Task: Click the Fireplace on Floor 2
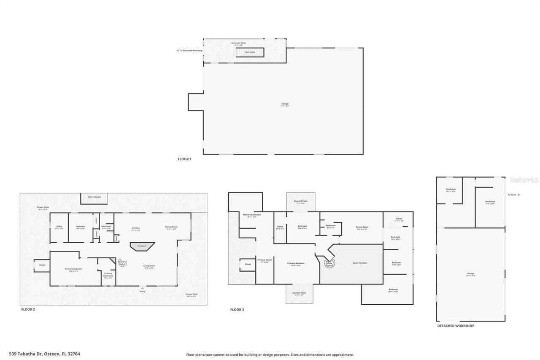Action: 142,246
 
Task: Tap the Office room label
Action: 59,227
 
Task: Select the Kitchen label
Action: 136,228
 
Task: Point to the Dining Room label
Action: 171,227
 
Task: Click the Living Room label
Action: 149,267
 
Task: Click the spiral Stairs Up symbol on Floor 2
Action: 122,263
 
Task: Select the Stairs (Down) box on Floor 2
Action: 94,199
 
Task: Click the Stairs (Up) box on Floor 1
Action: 250,52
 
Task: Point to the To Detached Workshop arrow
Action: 178,51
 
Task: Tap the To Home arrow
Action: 519,195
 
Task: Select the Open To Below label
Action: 360,263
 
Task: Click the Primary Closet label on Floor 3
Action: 265,261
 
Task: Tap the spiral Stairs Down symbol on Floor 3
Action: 329,264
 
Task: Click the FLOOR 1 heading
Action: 184,159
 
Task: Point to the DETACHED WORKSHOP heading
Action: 455,326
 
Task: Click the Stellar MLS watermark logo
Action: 524,180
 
